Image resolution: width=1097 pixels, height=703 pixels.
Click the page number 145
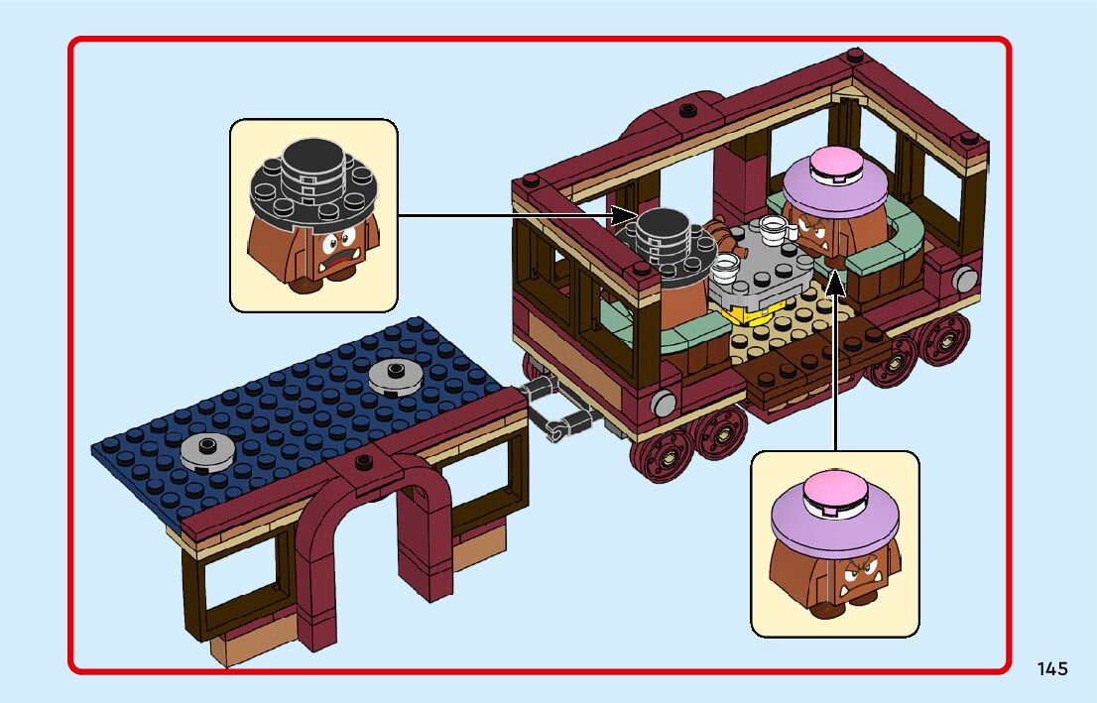coord(1052,668)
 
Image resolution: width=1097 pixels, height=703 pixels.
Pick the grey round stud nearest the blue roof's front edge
coord(208,450)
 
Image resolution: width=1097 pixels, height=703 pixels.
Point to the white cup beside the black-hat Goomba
coord(726,265)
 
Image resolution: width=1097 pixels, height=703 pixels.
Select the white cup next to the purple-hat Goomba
coord(777,229)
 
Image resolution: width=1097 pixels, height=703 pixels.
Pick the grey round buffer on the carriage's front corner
coord(664,402)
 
